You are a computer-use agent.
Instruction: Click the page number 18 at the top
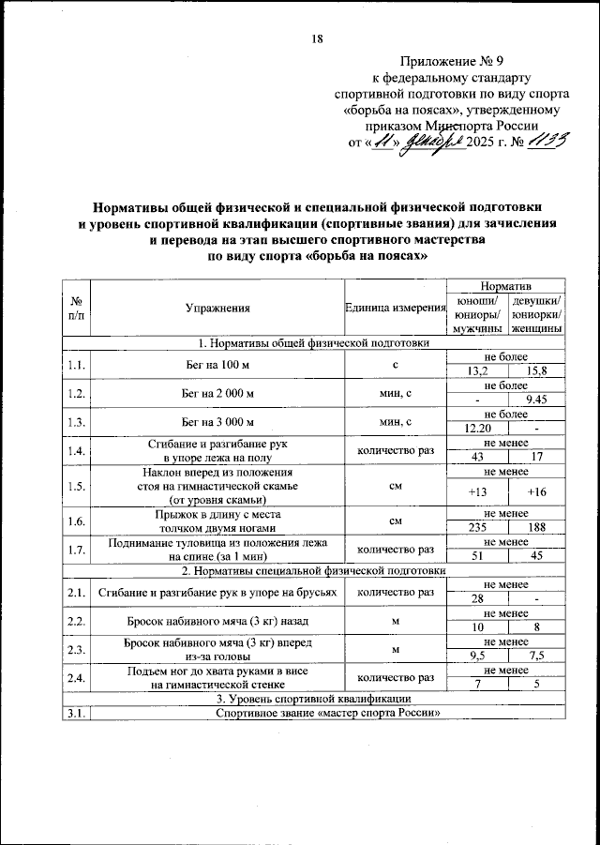pos(316,38)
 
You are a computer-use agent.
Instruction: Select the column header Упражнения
pos(217,307)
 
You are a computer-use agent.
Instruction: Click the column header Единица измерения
pos(393,307)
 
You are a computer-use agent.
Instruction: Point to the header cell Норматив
pos(505,283)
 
